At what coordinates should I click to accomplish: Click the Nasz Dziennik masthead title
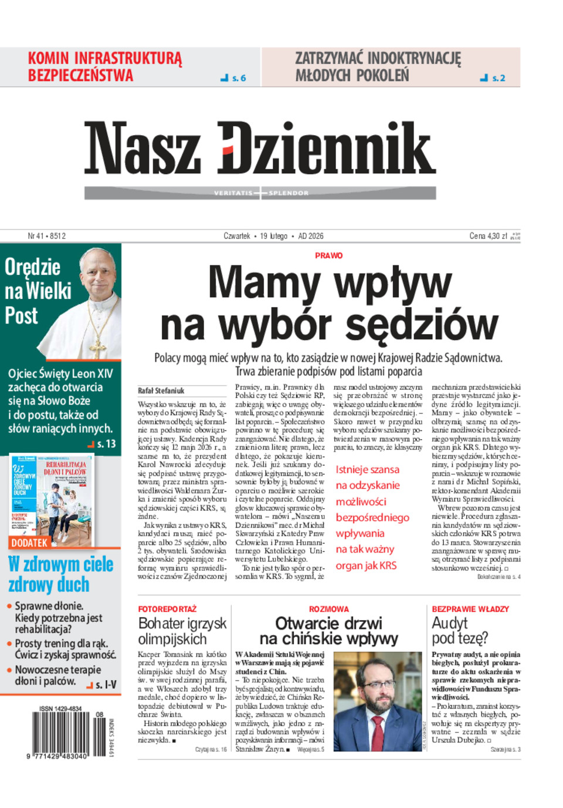point(260,149)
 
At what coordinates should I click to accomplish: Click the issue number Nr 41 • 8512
point(47,236)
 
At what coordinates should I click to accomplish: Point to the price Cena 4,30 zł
point(488,236)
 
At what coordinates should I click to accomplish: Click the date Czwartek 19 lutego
point(256,236)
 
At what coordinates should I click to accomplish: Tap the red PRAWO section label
point(329,255)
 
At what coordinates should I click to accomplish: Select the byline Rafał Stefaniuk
point(161,390)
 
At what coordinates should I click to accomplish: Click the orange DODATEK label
point(29,543)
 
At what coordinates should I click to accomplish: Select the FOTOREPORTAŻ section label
point(167,609)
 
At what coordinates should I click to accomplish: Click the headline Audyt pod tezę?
point(460,630)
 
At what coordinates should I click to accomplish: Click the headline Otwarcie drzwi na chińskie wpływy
point(328,631)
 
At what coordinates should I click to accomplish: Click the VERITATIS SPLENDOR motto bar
point(261,193)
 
